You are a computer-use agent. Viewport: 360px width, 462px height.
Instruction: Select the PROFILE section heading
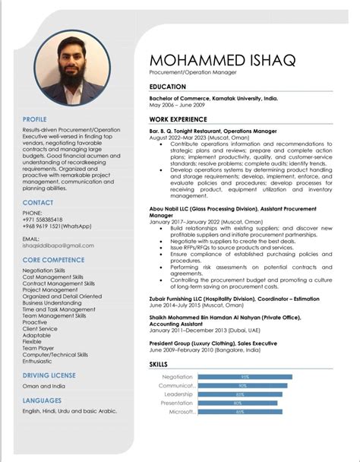coord(35,119)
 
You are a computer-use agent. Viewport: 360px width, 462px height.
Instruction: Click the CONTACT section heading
coord(38,203)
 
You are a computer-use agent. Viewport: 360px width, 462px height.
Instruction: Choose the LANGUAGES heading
coord(43,400)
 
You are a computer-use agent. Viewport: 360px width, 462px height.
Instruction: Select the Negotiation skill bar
coord(245,377)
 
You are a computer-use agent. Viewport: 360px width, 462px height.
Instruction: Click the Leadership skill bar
coord(238,394)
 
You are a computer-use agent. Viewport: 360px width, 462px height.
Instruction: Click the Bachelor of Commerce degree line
coord(213,99)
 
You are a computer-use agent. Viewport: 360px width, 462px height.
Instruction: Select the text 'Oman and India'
coord(43,387)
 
